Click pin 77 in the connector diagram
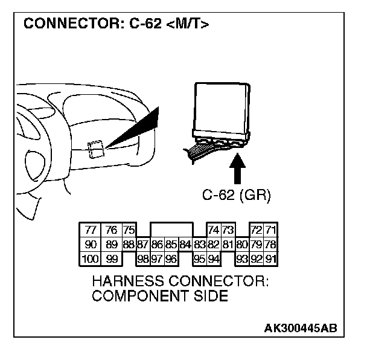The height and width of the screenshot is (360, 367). pyautogui.click(x=91, y=230)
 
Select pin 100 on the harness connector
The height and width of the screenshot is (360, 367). pyautogui.click(x=90, y=259)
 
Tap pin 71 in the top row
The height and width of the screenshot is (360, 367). pyautogui.click(x=270, y=230)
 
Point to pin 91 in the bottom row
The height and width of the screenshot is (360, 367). pyautogui.click(x=270, y=259)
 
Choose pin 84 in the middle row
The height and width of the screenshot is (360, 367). pyautogui.click(x=185, y=245)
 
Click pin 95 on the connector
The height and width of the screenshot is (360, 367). pyautogui.click(x=199, y=259)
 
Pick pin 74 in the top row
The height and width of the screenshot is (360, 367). pyautogui.click(x=213, y=230)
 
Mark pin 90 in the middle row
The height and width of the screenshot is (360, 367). pyautogui.click(x=91, y=245)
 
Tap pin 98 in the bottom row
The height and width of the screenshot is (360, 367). pyautogui.click(x=143, y=259)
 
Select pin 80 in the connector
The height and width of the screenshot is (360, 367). pyautogui.click(x=242, y=245)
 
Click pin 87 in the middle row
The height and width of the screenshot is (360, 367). pyautogui.click(x=143, y=245)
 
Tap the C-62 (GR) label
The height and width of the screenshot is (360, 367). pyautogui.click(x=237, y=195)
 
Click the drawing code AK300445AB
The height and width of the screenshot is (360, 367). pyautogui.click(x=300, y=328)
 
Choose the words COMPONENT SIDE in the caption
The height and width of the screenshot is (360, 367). pyautogui.click(x=159, y=296)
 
